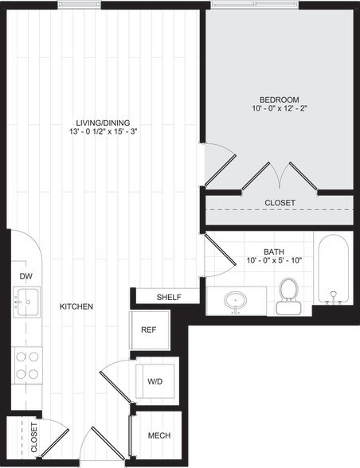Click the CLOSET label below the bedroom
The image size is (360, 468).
(280, 203)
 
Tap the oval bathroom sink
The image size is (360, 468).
(236, 302)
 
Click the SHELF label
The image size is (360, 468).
(169, 298)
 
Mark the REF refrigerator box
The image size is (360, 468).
(148, 330)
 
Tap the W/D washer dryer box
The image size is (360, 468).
(155, 381)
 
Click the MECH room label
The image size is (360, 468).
(159, 436)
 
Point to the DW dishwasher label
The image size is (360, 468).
(25, 276)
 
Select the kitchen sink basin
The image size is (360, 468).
(26, 302)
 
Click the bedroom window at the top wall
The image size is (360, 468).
(254, 5)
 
